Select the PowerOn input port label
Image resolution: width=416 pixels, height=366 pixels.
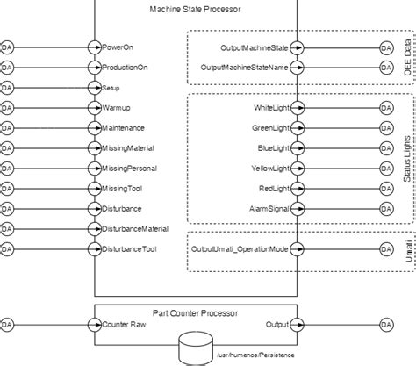click(118, 47)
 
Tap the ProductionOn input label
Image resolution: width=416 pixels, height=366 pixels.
click(123, 67)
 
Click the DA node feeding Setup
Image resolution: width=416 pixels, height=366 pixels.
click(8, 88)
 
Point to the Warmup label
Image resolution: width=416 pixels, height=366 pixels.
click(116, 108)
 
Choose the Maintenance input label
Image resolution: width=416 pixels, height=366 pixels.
click(123, 128)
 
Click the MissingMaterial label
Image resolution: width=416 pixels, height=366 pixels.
click(128, 148)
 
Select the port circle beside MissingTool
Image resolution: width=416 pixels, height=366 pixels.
click(95, 189)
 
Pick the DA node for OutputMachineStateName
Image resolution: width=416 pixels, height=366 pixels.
click(386, 67)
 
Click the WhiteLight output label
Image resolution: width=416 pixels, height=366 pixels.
click(271, 108)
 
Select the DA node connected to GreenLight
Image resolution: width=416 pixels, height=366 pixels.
click(386, 128)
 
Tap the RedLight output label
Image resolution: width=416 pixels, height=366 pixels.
click(274, 189)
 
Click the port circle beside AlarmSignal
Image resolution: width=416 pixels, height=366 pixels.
click(298, 209)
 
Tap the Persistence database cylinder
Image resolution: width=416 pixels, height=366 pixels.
click(195, 348)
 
